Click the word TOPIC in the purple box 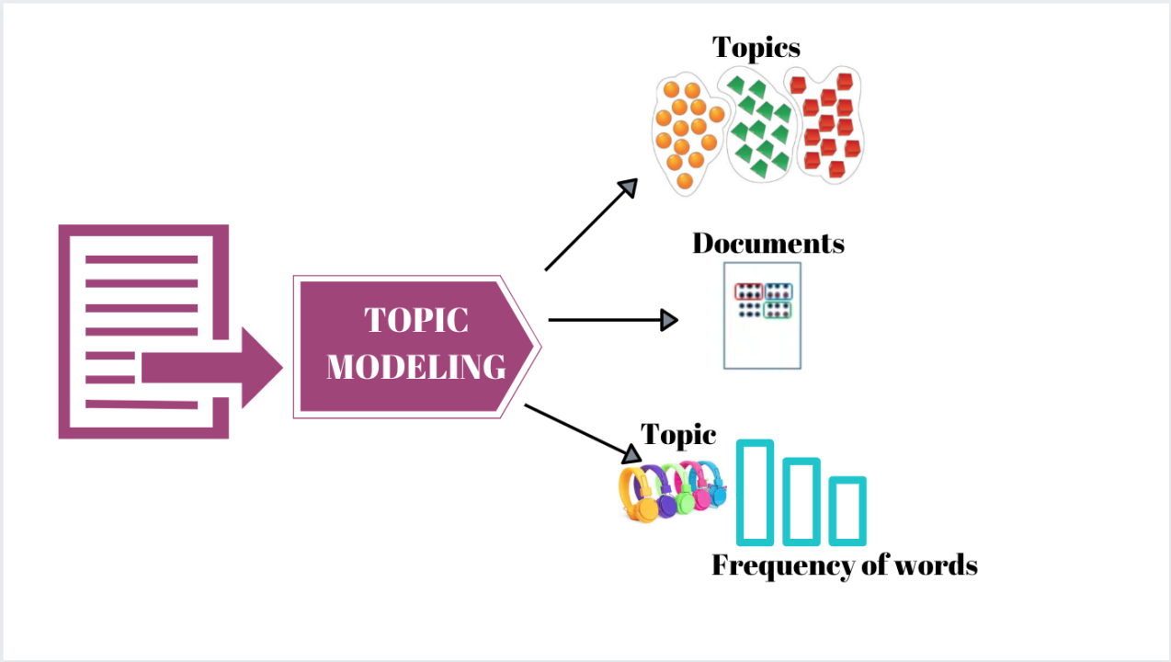point(415,321)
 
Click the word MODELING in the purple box point(415,367)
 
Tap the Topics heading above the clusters point(756,47)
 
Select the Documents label point(767,244)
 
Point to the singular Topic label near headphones point(678,434)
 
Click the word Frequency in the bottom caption point(782,565)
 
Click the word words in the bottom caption point(938,565)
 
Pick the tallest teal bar point(755,492)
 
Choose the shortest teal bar point(847,510)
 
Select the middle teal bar point(802,501)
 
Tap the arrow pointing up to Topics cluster point(591,224)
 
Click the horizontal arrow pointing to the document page point(612,320)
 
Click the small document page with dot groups point(762,315)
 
